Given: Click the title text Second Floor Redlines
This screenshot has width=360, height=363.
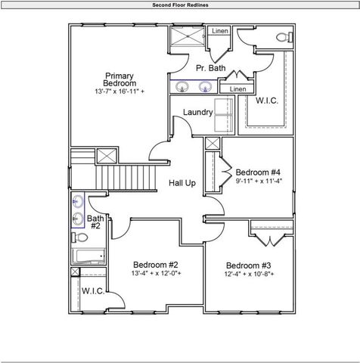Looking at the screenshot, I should click(179, 5).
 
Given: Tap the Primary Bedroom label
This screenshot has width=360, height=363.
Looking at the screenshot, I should click(119, 79).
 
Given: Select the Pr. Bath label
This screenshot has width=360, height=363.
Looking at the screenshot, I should click(210, 68).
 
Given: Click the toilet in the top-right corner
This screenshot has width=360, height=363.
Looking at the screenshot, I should click(283, 37).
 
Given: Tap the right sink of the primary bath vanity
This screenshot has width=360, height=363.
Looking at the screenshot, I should click(205, 87).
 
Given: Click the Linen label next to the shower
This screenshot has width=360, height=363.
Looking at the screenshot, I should click(219, 31).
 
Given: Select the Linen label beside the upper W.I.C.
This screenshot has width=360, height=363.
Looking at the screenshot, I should click(237, 89).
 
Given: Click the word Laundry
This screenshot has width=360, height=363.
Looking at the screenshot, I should click(197, 113).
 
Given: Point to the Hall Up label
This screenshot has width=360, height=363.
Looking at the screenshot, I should click(182, 183).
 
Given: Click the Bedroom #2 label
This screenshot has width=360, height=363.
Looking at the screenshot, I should click(155, 264).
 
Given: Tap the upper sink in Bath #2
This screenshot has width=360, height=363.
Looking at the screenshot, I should click(79, 202).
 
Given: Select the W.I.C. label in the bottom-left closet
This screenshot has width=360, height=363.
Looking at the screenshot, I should click(93, 290).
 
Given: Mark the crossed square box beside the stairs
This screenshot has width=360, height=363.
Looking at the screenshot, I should click(107, 157).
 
